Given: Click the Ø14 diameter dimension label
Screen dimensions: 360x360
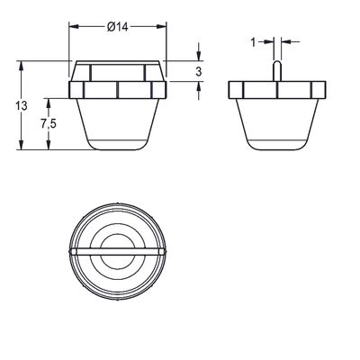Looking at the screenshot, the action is coord(118,27).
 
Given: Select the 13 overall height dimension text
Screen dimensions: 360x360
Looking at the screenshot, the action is coord(22,106).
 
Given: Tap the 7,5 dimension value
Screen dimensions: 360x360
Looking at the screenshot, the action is coord(49,123).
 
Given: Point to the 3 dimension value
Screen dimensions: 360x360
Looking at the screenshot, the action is coord(198,72).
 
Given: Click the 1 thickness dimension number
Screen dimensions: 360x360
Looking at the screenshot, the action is coord(253,42).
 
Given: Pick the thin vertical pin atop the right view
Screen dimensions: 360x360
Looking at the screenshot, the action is coord(277,71).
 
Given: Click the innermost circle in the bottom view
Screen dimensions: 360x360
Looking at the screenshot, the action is coord(117,251).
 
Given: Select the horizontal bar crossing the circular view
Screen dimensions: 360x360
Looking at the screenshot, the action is coord(117,251).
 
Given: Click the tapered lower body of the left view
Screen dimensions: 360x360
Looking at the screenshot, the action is coord(118,124).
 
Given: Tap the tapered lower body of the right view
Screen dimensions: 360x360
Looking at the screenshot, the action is coord(277,124).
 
